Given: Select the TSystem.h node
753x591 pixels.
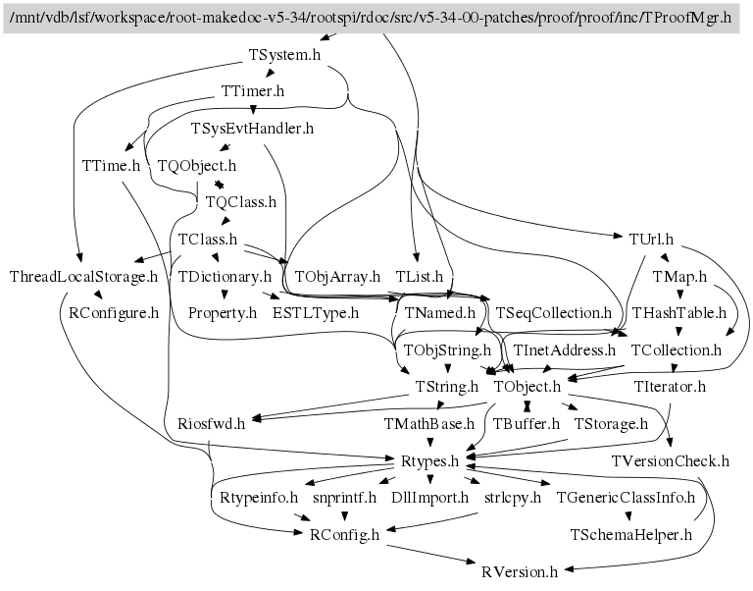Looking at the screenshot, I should click(285, 55).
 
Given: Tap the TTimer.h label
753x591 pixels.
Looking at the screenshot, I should click(253, 91).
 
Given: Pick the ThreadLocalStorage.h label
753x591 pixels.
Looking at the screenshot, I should click(84, 277).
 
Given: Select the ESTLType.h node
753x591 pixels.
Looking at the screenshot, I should click(316, 313).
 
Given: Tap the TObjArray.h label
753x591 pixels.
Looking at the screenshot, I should click(337, 277).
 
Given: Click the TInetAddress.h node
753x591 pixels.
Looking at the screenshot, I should click(565, 349).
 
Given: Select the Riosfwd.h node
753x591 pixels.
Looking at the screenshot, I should click(212, 423).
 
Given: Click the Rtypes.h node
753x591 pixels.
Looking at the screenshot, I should click(430, 459).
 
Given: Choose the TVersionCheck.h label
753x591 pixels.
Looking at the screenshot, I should click(671, 459).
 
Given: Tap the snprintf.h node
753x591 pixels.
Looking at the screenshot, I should click(344, 497).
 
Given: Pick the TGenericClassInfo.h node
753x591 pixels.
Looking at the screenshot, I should click(626, 497).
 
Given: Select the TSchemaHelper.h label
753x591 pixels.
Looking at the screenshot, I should click(631, 534).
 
